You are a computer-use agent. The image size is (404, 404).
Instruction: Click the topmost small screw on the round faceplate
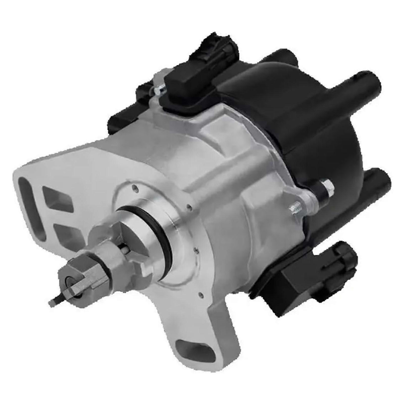pos(133,187)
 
